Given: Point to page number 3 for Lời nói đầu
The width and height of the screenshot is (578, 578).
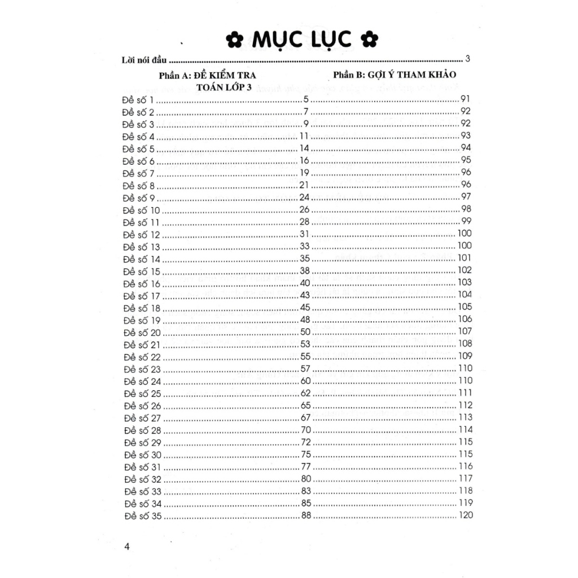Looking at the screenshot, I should click(x=468, y=58).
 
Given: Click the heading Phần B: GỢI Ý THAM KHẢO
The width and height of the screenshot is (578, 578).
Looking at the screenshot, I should click(x=395, y=74).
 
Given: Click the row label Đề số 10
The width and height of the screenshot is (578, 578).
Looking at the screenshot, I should click(x=141, y=210).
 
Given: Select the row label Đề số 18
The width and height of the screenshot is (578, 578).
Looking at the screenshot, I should click(x=141, y=308).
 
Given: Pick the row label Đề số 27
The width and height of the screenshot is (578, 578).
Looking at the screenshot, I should click(x=141, y=418).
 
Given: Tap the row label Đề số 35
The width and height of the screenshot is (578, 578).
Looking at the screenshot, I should click(x=141, y=515).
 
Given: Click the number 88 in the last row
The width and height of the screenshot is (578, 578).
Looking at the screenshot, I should click(x=306, y=515).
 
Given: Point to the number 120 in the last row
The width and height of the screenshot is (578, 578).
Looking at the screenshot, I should click(x=466, y=515).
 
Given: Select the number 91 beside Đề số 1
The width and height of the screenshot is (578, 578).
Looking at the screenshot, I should click(x=466, y=99).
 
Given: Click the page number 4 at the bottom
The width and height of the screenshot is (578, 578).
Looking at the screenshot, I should click(x=126, y=546).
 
